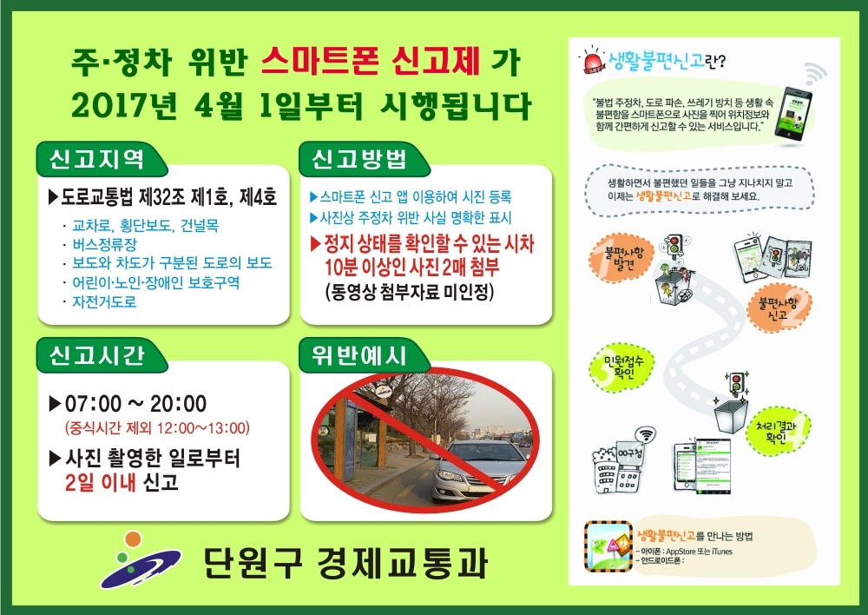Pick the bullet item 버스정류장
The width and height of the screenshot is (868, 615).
pos(104,245)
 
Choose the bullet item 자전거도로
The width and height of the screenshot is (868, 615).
pos(104,301)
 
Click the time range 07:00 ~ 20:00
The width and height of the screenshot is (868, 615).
pos(135,404)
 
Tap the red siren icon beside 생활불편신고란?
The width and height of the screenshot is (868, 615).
pos(594,63)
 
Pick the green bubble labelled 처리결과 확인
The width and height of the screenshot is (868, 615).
pos(783,428)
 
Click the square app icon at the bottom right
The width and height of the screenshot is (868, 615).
pos(608,545)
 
